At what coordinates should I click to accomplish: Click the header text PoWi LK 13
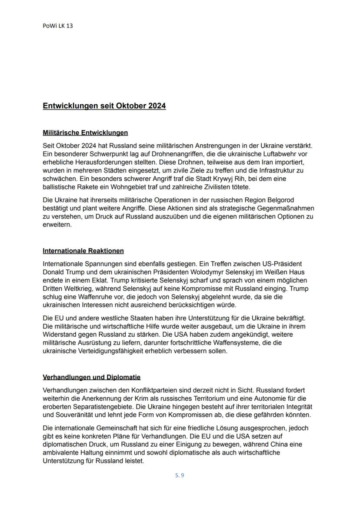tap(57, 26)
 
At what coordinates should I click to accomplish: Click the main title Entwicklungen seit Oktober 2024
tap(104, 106)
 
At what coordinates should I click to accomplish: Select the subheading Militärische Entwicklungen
tap(85, 132)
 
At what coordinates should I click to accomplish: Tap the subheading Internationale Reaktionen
tap(83, 251)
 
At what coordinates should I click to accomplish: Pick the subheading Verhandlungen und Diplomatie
tap(91, 377)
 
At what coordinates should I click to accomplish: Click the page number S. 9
tap(180, 475)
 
